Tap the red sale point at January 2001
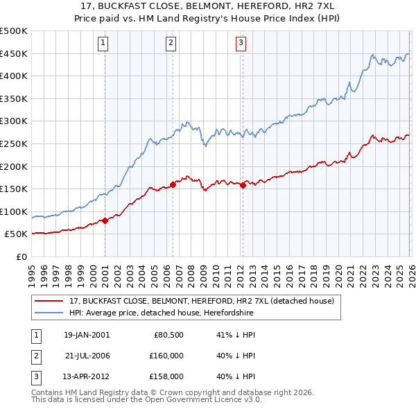click(x=105, y=220)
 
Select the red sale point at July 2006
click(x=173, y=184)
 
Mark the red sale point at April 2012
click(x=243, y=185)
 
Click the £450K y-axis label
click(x=14, y=53)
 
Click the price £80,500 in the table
click(x=168, y=335)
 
